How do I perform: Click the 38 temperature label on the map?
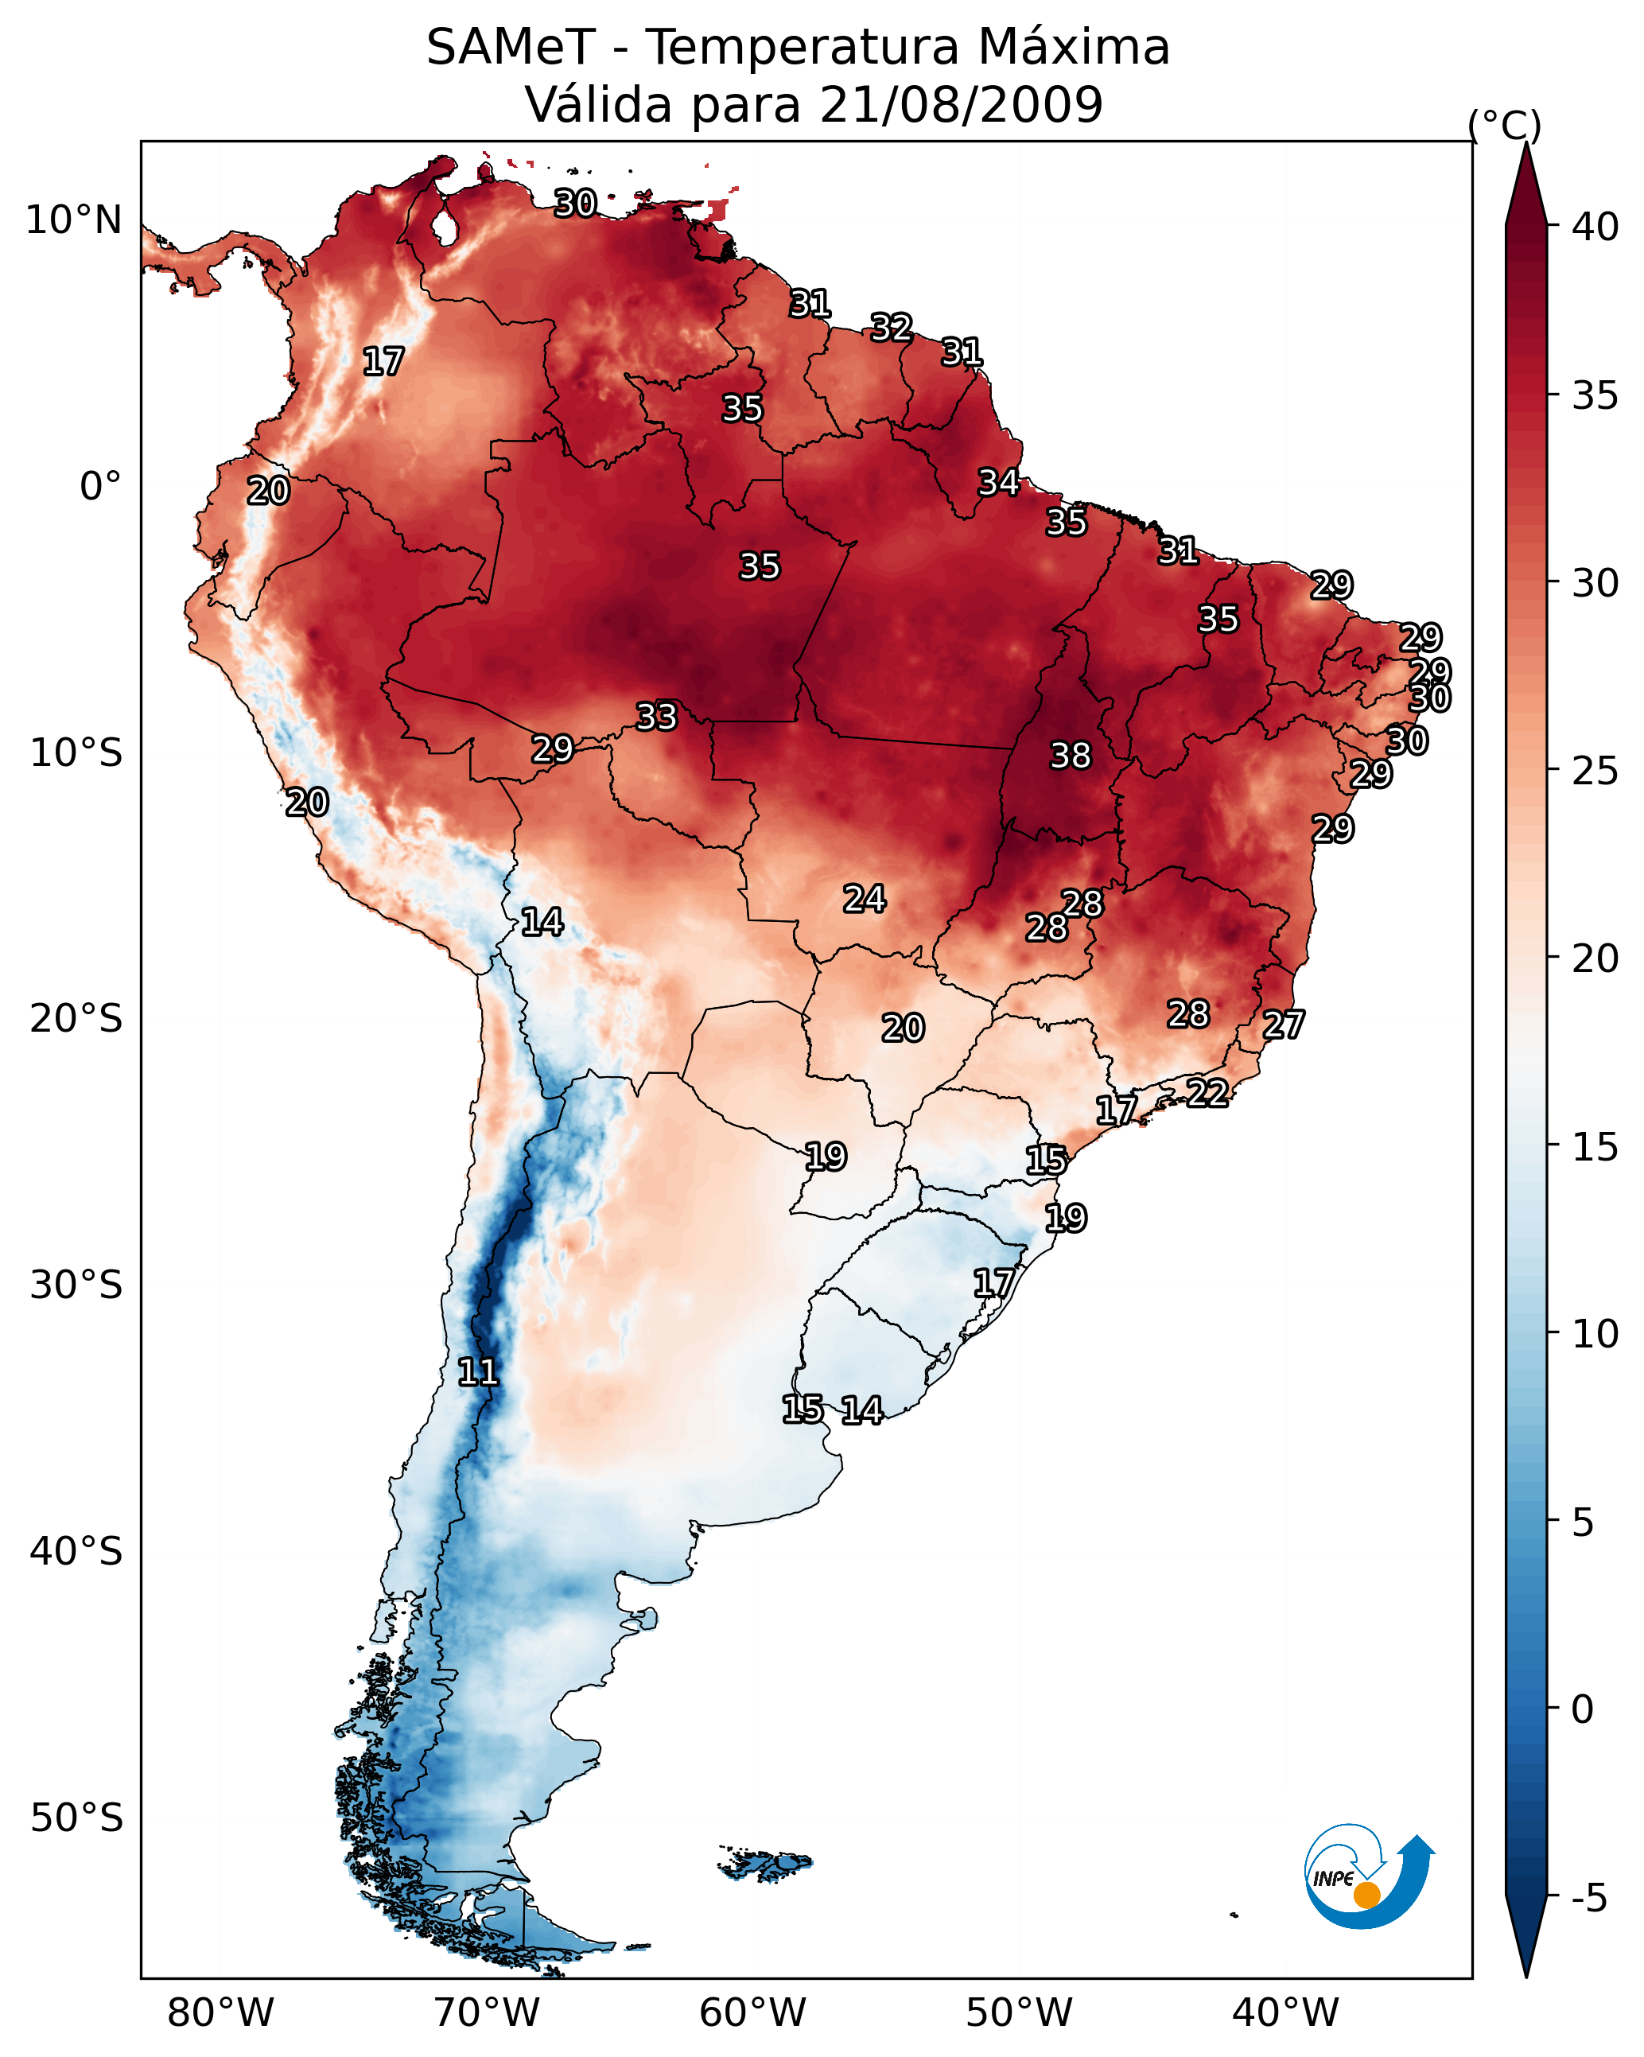click(x=1070, y=756)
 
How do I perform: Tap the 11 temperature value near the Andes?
click(x=478, y=1372)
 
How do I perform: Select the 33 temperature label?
click(x=656, y=716)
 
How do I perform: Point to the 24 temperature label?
click(x=865, y=898)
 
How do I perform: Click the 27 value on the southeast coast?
click(x=1284, y=1025)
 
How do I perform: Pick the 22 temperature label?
click(x=1207, y=1092)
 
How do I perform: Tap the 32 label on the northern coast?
click(x=891, y=327)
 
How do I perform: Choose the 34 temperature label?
click(x=999, y=482)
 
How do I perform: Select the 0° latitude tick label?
click(x=100, y=487)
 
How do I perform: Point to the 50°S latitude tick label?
click(x=76, y=1818)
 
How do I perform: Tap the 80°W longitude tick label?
click(x=220, y=2012)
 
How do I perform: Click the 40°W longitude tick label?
click(x=1285, y=2012)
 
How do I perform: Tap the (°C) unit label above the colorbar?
click(x=1505, y=125)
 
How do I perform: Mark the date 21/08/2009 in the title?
click(x=961, y=104)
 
